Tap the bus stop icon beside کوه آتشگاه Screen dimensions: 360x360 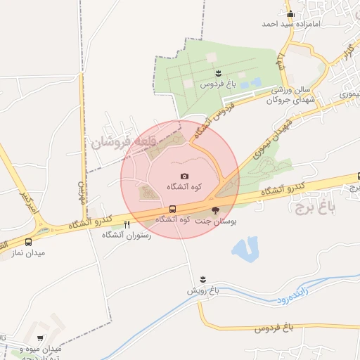[172, 210]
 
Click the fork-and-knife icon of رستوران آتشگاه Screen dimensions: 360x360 [127, 225]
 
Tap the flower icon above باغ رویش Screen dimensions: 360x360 [203, 280]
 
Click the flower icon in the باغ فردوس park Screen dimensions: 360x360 [218, 73]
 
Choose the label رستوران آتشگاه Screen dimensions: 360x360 [127, 235]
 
